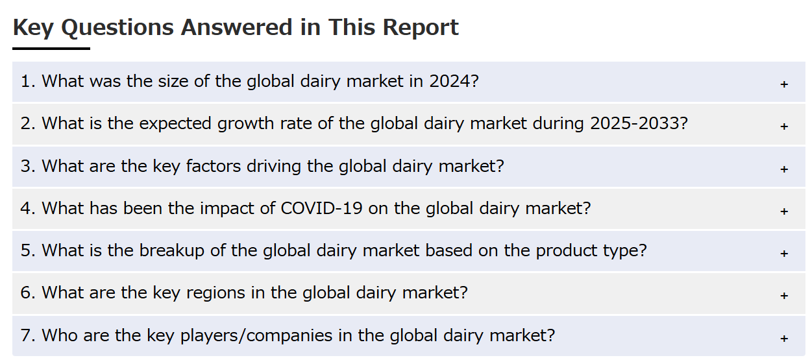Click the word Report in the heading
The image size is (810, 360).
point(421,27)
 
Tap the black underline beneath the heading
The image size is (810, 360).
point(51,49)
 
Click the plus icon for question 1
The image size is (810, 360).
point(784,84)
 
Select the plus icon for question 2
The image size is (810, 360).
point(784,126)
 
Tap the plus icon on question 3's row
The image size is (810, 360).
point(784,169)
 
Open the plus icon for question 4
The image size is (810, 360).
point(784,211)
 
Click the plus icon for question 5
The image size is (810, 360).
point(784,254)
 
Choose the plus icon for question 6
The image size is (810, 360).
point(784,296)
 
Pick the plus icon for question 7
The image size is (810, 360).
point(784,339)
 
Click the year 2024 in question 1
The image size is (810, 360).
point(450,81)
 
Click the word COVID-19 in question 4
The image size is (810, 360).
point(321,209)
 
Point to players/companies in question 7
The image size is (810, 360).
point(256,336)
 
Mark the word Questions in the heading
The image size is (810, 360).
point(117,28)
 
